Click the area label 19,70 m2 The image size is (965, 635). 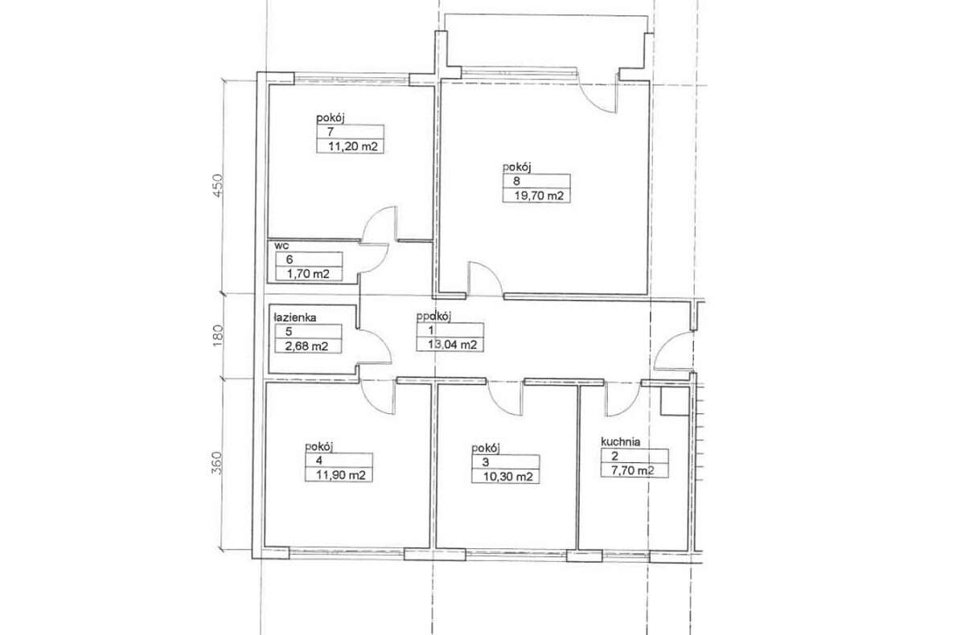point(539,196)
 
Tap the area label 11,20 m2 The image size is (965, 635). point(353,146)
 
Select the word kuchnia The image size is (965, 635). point(620,442)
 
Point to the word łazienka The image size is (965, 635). point(295,317)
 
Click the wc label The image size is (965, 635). point(281,246)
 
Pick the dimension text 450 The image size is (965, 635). point(219,185)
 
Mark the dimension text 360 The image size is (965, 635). point(218,463)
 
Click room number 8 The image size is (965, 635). point(516,181)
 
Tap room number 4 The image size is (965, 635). point(318,461)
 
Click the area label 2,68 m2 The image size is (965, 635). point(306,346)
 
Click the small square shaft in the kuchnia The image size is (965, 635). point(675,401)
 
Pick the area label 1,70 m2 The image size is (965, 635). point(308,274)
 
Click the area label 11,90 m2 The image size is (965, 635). point(341,475)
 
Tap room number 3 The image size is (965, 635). point(486,462)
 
